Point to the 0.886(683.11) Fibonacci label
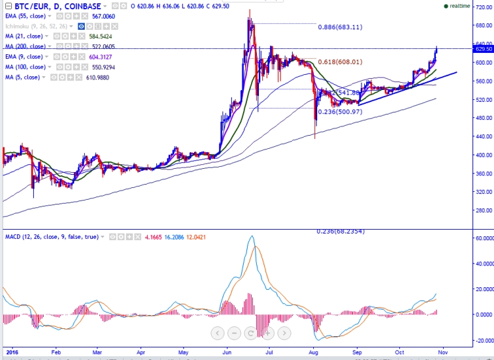tap(340, 27)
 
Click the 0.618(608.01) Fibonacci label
tap(340, 62)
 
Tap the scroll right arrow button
tap(283, 332)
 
